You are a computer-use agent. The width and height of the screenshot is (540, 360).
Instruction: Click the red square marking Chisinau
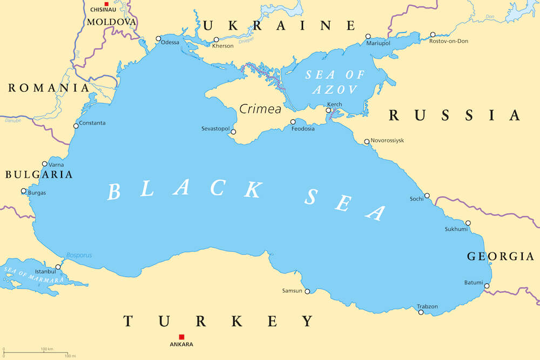pyautogui.click(x=106, y=4)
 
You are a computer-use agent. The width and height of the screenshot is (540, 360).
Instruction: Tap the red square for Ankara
pyautogui.click(x=181, y=337)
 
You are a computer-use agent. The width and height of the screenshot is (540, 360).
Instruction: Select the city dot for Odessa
pyautogui.click(x=158, y=38)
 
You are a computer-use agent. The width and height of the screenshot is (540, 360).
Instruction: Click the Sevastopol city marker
pyautogui.click(x=233, y=132)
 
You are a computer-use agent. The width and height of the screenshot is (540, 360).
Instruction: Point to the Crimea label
pyautogui.click(x=260, y=109)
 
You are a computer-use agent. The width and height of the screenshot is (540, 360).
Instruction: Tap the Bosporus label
pyautogui.click(x=79, y=255)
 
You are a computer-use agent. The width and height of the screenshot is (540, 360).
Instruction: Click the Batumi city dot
pyautogui.click(x=487, y=286)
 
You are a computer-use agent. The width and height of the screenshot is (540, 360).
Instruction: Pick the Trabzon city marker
pyautogui.click(x=421, y=312)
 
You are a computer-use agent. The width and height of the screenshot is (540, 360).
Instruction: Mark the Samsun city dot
pyautogui.click(x=307, y=291)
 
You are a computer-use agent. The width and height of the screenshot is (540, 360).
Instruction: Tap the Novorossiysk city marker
pyautogui.click(x=367, y=142)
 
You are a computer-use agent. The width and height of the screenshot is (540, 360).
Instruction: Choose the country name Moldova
pyautogui.click(x=111, y=22)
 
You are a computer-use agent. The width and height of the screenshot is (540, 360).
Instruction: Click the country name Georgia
pyautogui.click(x=501, y=256)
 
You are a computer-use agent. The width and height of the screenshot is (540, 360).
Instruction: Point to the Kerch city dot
pyautogui.click(x=328, y=111)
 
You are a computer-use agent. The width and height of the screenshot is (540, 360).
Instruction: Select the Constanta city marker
pyautogui.click(x=76, y=126)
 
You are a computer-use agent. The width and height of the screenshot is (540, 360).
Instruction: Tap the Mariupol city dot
pyautogui.click(x=368, y=36)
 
